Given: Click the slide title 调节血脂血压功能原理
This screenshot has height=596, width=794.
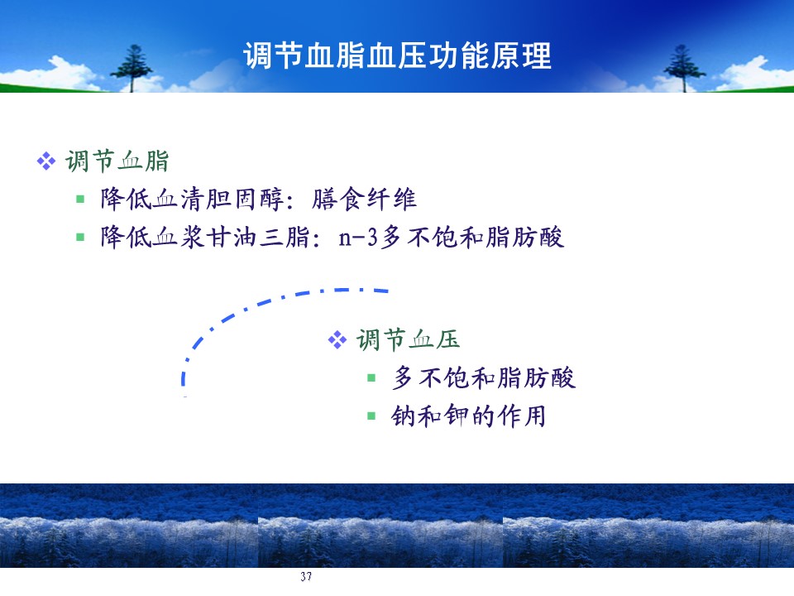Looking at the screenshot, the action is click(398, 55).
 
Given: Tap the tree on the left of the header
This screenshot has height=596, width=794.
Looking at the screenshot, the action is click(132, 69).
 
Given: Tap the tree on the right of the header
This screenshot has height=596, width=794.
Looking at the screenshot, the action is click(684, 69).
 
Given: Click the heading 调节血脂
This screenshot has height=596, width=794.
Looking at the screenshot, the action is click(117, 161).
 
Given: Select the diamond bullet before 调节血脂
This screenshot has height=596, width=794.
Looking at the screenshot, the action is click(46, 161).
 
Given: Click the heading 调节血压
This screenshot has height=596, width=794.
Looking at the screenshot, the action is click(408, 339).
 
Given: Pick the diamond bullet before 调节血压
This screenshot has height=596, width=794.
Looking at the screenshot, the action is click(337, 339).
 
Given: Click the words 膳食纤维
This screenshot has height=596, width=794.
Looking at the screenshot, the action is click(364, 199).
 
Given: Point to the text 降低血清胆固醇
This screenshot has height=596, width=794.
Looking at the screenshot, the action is click(193, 199).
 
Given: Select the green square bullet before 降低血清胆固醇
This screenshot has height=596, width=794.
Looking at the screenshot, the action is click(80, 199).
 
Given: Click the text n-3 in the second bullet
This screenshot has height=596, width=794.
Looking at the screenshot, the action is click(358, 238).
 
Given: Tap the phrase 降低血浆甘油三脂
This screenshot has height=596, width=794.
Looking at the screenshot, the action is click(205, 237).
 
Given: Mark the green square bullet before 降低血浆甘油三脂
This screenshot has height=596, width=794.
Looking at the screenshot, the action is click(80, 237).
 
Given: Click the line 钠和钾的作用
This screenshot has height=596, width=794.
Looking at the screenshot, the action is click(468, 416).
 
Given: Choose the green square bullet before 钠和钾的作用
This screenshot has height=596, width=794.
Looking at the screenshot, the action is click(371, 416).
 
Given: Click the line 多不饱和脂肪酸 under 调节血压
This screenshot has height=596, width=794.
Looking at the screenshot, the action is click(484, 377).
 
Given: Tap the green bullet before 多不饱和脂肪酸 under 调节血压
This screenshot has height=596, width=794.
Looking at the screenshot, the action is click(371, 377).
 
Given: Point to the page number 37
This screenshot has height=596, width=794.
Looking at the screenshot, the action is click(306, 576).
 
